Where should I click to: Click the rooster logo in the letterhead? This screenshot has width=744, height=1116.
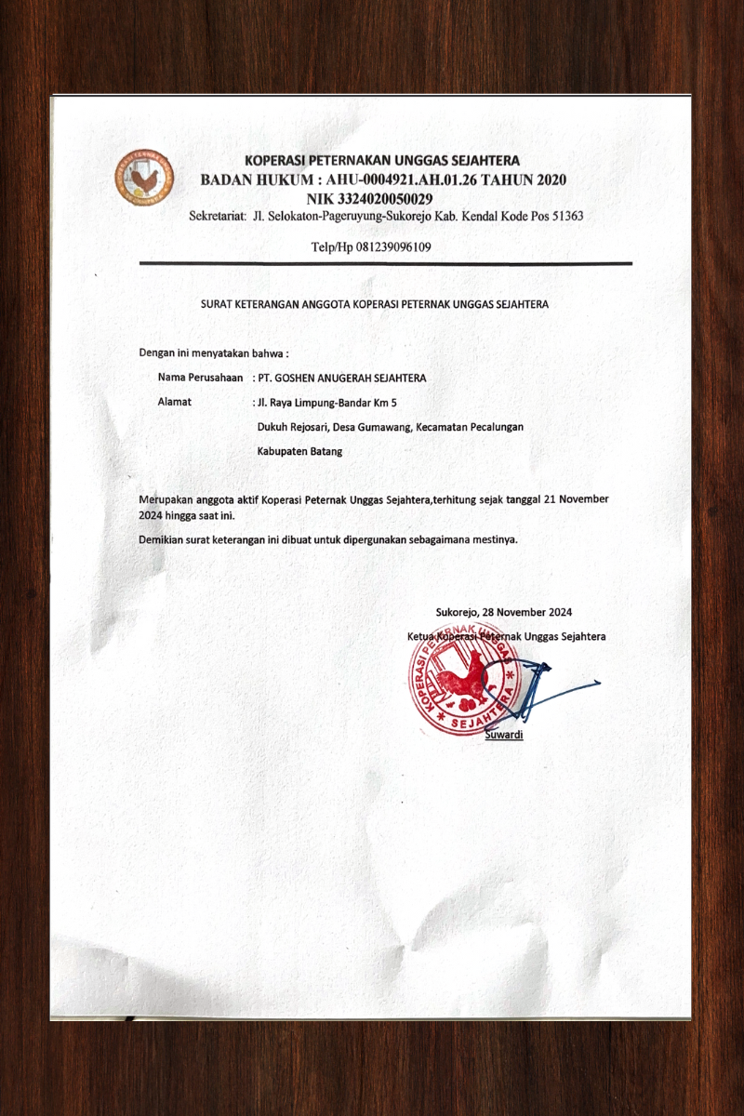(x=144, y=178)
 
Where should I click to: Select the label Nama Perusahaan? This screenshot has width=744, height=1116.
(x=200, y=379)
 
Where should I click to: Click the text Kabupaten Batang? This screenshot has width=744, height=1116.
(x=299, y=451)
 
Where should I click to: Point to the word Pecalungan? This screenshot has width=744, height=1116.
(x=494, y=427)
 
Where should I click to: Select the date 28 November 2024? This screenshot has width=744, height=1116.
(x=503, y=612)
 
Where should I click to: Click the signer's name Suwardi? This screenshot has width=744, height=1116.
(x=504, y=735)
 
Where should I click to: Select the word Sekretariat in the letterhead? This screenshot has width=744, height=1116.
(x=218, y=217)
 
